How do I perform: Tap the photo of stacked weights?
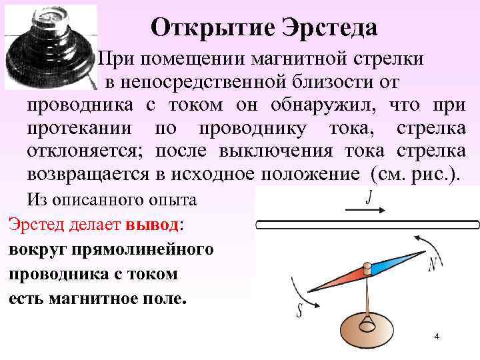point(51,47)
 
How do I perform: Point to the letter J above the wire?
point(369,197)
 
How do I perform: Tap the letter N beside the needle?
point(433,265)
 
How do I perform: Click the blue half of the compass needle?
point(393,264)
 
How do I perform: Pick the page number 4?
point(436,337)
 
